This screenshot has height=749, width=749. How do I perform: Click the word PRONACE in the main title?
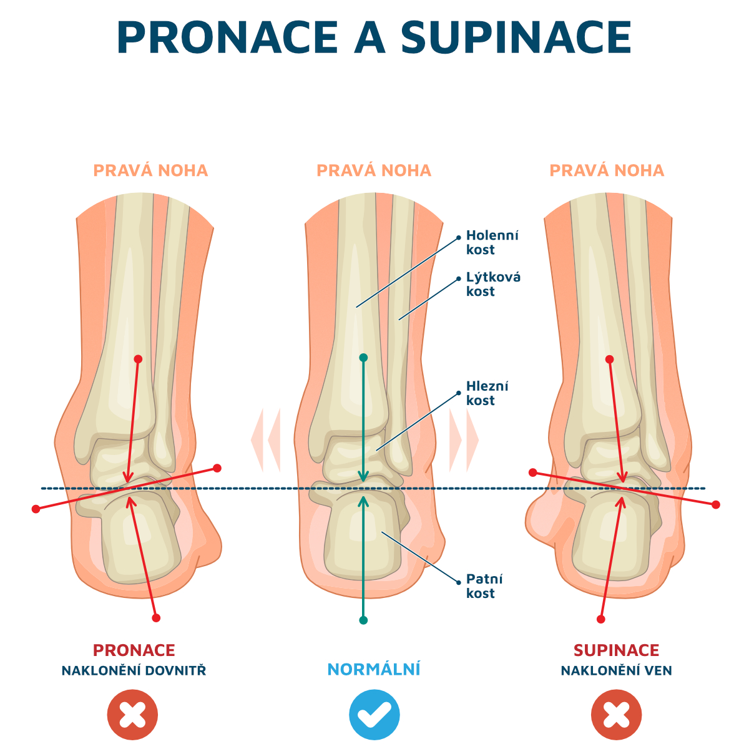click(x=227, y=38)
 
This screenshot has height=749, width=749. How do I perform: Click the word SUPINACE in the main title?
click(x=516, y=38)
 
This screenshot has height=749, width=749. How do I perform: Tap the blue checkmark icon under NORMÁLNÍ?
click(x=374, y=715)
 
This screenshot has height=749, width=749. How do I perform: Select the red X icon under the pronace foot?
click(x=132, y=715)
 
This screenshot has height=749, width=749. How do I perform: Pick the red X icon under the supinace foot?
click(x=617, y=715)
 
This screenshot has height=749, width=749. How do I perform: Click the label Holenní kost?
click(x=492, y=243)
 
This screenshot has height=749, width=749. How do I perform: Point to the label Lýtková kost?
click(x=493, y=284)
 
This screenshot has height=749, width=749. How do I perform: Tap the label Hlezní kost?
click(x=487, y=393)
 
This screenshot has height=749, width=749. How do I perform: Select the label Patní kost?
click(x=484, y=586)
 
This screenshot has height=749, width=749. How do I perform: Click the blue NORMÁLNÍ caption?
click(x=374, y=669)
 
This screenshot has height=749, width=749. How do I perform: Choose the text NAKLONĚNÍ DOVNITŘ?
click(x=134, y=671)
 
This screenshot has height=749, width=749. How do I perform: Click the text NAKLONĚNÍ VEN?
click(x=616, y=671)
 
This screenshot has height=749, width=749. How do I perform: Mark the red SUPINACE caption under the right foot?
click(x=616, y=650)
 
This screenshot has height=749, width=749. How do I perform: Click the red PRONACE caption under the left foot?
click(x=134, y=650)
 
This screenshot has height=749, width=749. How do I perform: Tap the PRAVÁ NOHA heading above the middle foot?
click(x=374, y=170)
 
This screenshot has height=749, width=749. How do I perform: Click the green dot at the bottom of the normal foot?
click(x=363, y=620)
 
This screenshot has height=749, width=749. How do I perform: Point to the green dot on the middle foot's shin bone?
click(x=363, y=358)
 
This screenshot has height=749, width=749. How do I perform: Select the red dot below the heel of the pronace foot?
click(x=156, y=618)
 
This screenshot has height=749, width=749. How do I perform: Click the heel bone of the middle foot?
click(x=362, y=537)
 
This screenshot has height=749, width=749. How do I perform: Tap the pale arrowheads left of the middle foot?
click(x=266, y=439)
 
